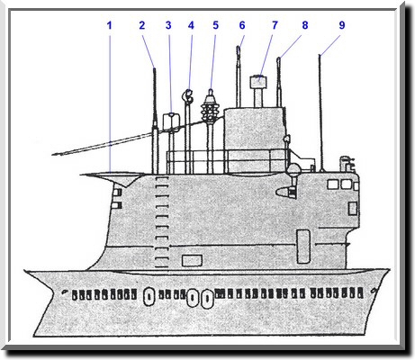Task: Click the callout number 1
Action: click(110, 25)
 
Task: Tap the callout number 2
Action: click(142, 25)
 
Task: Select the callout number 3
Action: click(168, 25)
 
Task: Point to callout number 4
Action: click(191, 25)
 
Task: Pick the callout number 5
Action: click(216, 25)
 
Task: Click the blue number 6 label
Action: click(242, 25)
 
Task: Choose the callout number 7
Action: click(275, 25)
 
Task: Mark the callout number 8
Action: click(305, 25)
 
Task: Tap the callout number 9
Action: click(342, 25)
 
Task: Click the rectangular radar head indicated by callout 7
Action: click(258, 81)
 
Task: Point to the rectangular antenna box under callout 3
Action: click(171, 121)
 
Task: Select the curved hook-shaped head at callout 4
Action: click(188, 96)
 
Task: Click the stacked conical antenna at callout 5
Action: click(211, 106)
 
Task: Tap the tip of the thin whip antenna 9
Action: click(320, 55)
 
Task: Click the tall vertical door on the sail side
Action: click(303, 247)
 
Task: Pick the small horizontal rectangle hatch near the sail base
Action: click(192, 261)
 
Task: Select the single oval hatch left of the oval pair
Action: click(149, 296)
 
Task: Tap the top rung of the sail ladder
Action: click(161, 178)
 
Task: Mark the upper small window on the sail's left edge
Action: click(116, 192)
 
